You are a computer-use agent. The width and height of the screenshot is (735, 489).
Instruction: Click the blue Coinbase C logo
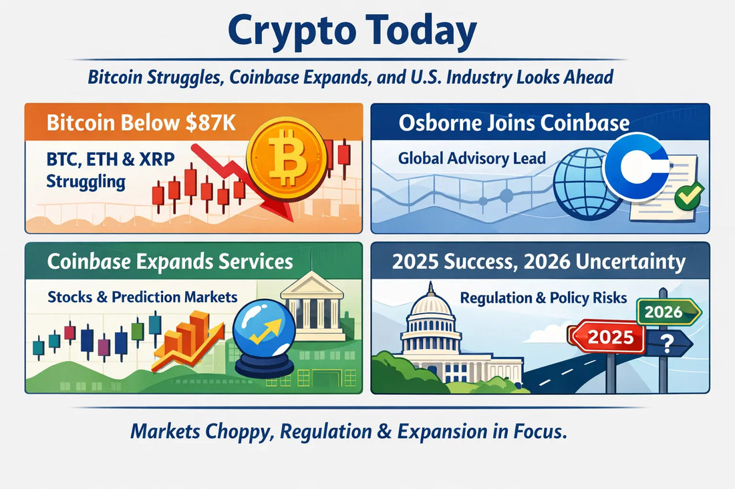tap(637, 166)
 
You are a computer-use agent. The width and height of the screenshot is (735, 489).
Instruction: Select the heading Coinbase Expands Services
tap(170, 261)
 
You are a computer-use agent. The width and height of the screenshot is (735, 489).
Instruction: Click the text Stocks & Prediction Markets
tap(142, 296)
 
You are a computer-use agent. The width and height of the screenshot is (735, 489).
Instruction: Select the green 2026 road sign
tap(666, 311)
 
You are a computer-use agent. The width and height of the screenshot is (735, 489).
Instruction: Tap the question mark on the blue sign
tap(666, 344)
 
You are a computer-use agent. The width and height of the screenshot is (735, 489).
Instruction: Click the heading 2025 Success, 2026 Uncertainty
tap(539, 262)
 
